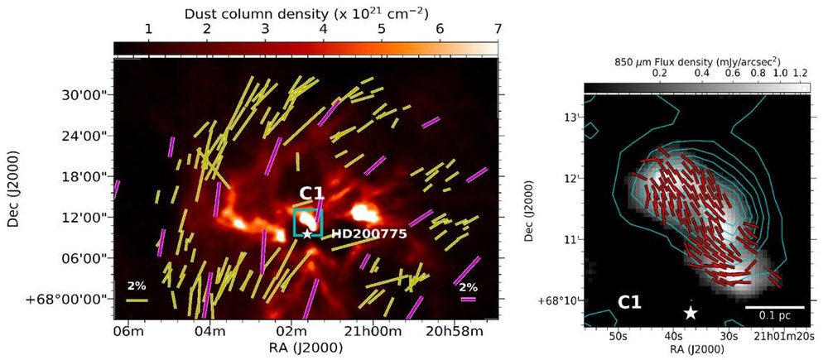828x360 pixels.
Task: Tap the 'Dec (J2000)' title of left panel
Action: pyautogui.click(x=15, y=199)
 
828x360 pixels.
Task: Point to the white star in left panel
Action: pyautogui.click(x=307, y=234)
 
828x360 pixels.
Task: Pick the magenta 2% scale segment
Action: pyautogui.click(x=469, y=300)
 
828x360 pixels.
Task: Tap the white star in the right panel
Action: pyautogui.click(x=691, y=312)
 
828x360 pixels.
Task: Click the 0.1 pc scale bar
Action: pyautogui.click(x=774, y=307)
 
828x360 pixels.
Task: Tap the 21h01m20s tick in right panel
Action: pyautogui.click(x=785, y=337)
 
